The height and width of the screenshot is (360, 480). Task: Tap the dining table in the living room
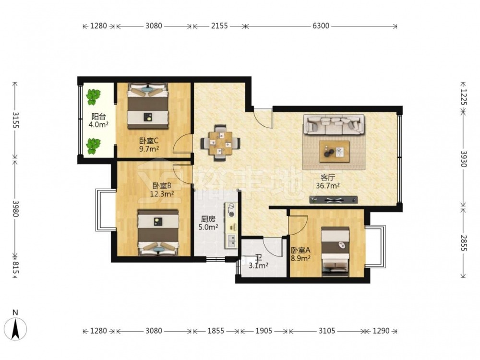pyautogui.click(x=220, y=143)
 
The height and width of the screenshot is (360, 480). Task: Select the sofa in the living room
pyautogui.click(x=334, y=125)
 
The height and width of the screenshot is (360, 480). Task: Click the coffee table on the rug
pyautogui.click(x=334, y=152)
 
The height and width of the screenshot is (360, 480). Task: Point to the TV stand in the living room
pyautogui.click(x=334, y=200)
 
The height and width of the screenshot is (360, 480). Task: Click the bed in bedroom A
pyautogui.click(x=336, y=251)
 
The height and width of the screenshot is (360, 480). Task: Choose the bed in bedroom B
pyautogui.click(x=158, y=232)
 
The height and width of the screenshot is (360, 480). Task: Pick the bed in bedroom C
pyautogui.click(x=148, y=106)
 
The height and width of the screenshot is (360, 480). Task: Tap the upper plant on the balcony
pyautogui.click(x=93, y=96)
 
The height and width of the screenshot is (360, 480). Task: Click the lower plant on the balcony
pyautogui.click(x=93, y=146)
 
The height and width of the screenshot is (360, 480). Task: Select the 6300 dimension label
pyautogui.click(x=321, y=26)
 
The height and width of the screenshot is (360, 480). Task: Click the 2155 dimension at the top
pyautogui.click(x=219, y=26)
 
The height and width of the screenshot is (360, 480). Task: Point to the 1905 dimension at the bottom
pyautogui.click(x=264, y=331)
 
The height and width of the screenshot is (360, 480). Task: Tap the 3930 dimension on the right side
pyautogui.click(x=463, y=159)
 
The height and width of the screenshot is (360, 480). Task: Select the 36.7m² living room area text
pyautogui.click(x=328, y=185)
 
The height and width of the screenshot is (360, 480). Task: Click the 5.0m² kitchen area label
pyautogui.click(x=208, y=227)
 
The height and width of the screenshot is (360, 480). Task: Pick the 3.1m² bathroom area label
pyautogui.click(x=258, y=265)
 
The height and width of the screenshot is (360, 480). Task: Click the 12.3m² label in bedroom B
pyautogui.click(x=162, y=193)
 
